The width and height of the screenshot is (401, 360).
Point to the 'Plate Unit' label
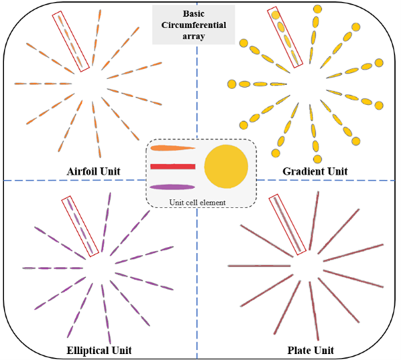coord(309,349)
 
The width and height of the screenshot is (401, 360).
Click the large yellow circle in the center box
coord(226,165)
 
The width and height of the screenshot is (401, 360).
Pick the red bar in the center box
coord(172,166)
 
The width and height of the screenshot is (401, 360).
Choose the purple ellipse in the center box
coord(172,186)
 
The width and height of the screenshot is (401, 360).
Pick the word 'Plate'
coord(299,349)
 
